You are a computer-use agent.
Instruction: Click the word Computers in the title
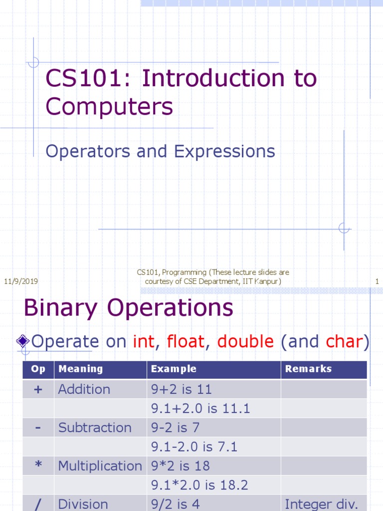(109, 106)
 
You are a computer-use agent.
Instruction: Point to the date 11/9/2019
(21, 281)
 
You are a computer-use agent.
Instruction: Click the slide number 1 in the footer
(377, 281)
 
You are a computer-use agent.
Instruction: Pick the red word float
(186, 342)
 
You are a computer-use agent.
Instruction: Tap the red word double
(245, 342)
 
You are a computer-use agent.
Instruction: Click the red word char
(344, 342)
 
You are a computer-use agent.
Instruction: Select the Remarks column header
(308, 369)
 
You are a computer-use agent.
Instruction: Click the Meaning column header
(81, 369)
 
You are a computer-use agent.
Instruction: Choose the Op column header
(38, 369)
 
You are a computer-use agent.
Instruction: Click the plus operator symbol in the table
(38, 390)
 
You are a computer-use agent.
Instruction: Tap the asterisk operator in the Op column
(38, 466)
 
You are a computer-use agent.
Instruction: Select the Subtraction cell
(95, 428)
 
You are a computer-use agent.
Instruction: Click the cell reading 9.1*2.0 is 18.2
(199, 485)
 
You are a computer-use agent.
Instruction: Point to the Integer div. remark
(321, 504)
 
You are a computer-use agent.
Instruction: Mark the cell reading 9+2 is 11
(182, 390)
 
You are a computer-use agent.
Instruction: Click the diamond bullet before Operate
(22, 342)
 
